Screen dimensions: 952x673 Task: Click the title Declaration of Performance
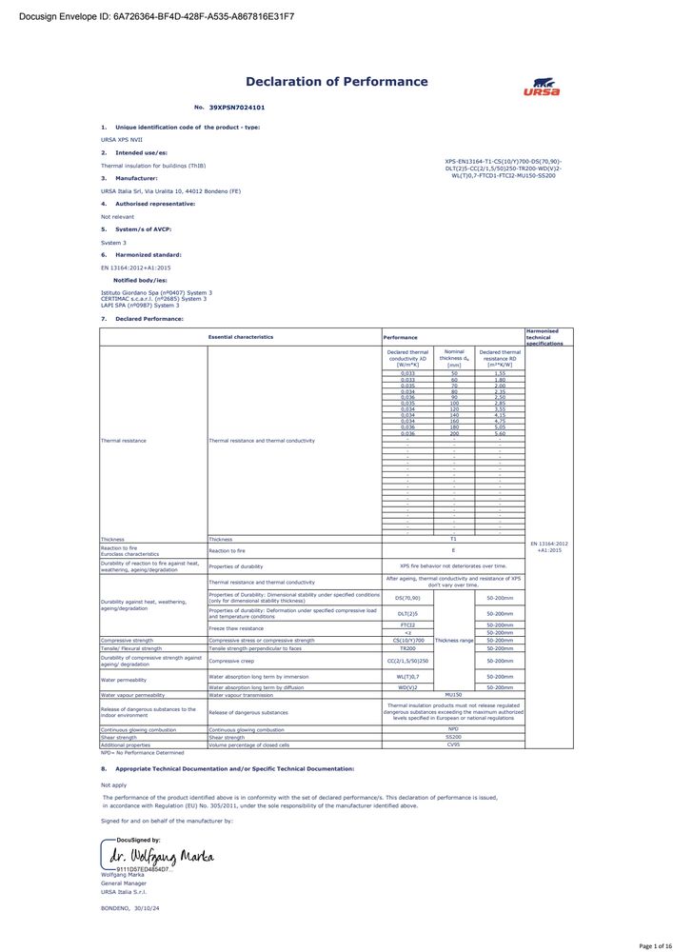tap(337, 82)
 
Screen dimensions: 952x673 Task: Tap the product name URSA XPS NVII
tap(121, 139)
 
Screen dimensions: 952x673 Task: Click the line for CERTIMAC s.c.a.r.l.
tap(153, 299)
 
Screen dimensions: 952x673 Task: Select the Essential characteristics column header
tap(241, 337)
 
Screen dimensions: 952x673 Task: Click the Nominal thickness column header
tap(454, 358)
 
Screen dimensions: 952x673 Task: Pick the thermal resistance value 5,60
tap(500, 433)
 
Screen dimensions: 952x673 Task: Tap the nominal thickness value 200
tap(454, 433)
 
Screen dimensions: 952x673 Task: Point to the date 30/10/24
tap(148, 908)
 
